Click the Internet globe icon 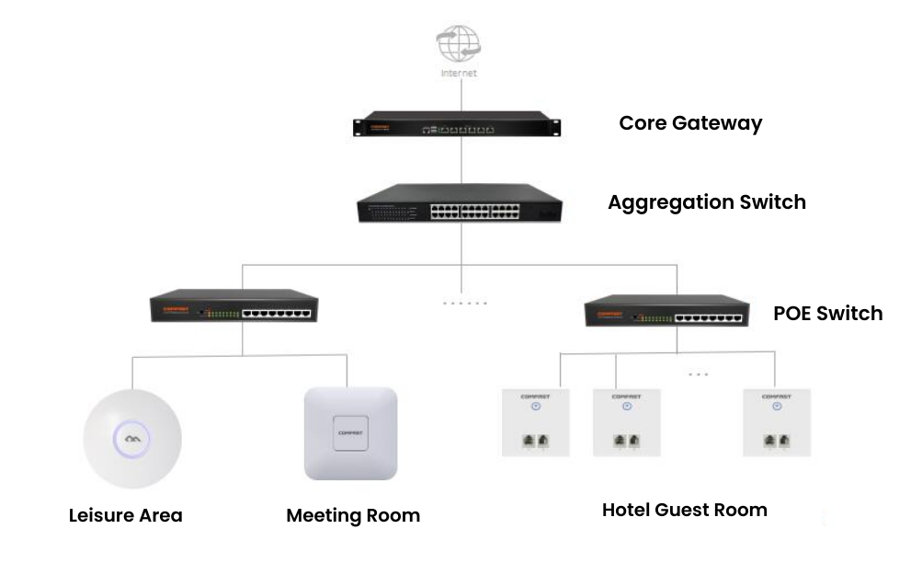point(458,43)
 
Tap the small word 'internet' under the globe point(459,73)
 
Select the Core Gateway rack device point(458,126)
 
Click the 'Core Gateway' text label point(690,122)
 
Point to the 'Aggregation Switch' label point(706,202)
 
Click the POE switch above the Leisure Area point(234,307)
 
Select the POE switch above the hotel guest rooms point(666,312)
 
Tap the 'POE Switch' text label point(827,314)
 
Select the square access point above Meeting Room point(350,432)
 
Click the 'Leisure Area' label point(126,515)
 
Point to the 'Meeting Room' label point(353,515)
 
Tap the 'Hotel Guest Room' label point(684,510)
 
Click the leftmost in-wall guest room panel point(535,421)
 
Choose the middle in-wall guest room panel point(626,421)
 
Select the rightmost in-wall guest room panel point(777,421)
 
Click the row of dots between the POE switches point(464,303)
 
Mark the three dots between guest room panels point(698,374)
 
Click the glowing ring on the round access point point(132,437)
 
